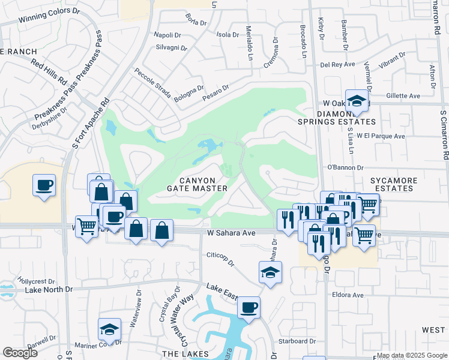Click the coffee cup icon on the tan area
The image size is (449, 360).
pos(44,186)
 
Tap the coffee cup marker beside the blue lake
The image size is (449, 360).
pos(249,308)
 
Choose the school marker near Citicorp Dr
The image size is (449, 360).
pos(270,273)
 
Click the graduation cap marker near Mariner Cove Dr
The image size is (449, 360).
pos(109,329)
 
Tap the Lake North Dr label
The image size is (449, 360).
pos(49,289)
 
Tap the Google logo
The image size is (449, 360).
pos(19,353)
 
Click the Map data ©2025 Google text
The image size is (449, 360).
pos(412,355)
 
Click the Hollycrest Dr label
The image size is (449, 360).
pos(36,280)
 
